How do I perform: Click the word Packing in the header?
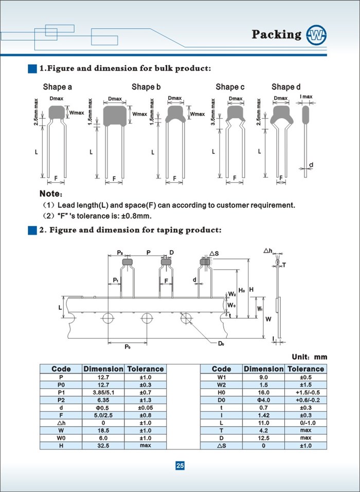point(277,34)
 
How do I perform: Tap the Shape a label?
point(57,87)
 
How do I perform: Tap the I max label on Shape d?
point(305,97)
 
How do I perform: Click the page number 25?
point(180,466)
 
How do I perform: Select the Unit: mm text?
point(309,357)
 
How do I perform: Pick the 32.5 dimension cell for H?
point(103,445)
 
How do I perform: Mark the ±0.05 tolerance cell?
point(145,408)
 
